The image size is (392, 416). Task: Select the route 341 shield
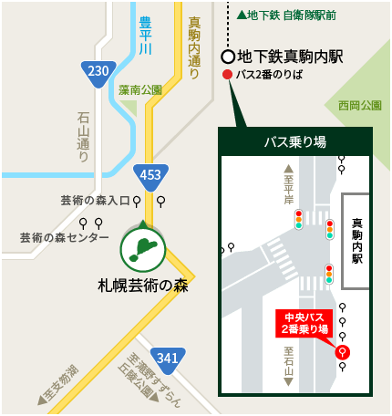click(x=167, y=357)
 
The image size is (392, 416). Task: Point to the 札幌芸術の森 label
click(x=141, y=284)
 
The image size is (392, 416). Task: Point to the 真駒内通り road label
click(x=193, y=48)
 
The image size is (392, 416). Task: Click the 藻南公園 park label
click(x=139, y=90)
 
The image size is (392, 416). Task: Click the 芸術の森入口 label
click(x=95, y=200)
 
